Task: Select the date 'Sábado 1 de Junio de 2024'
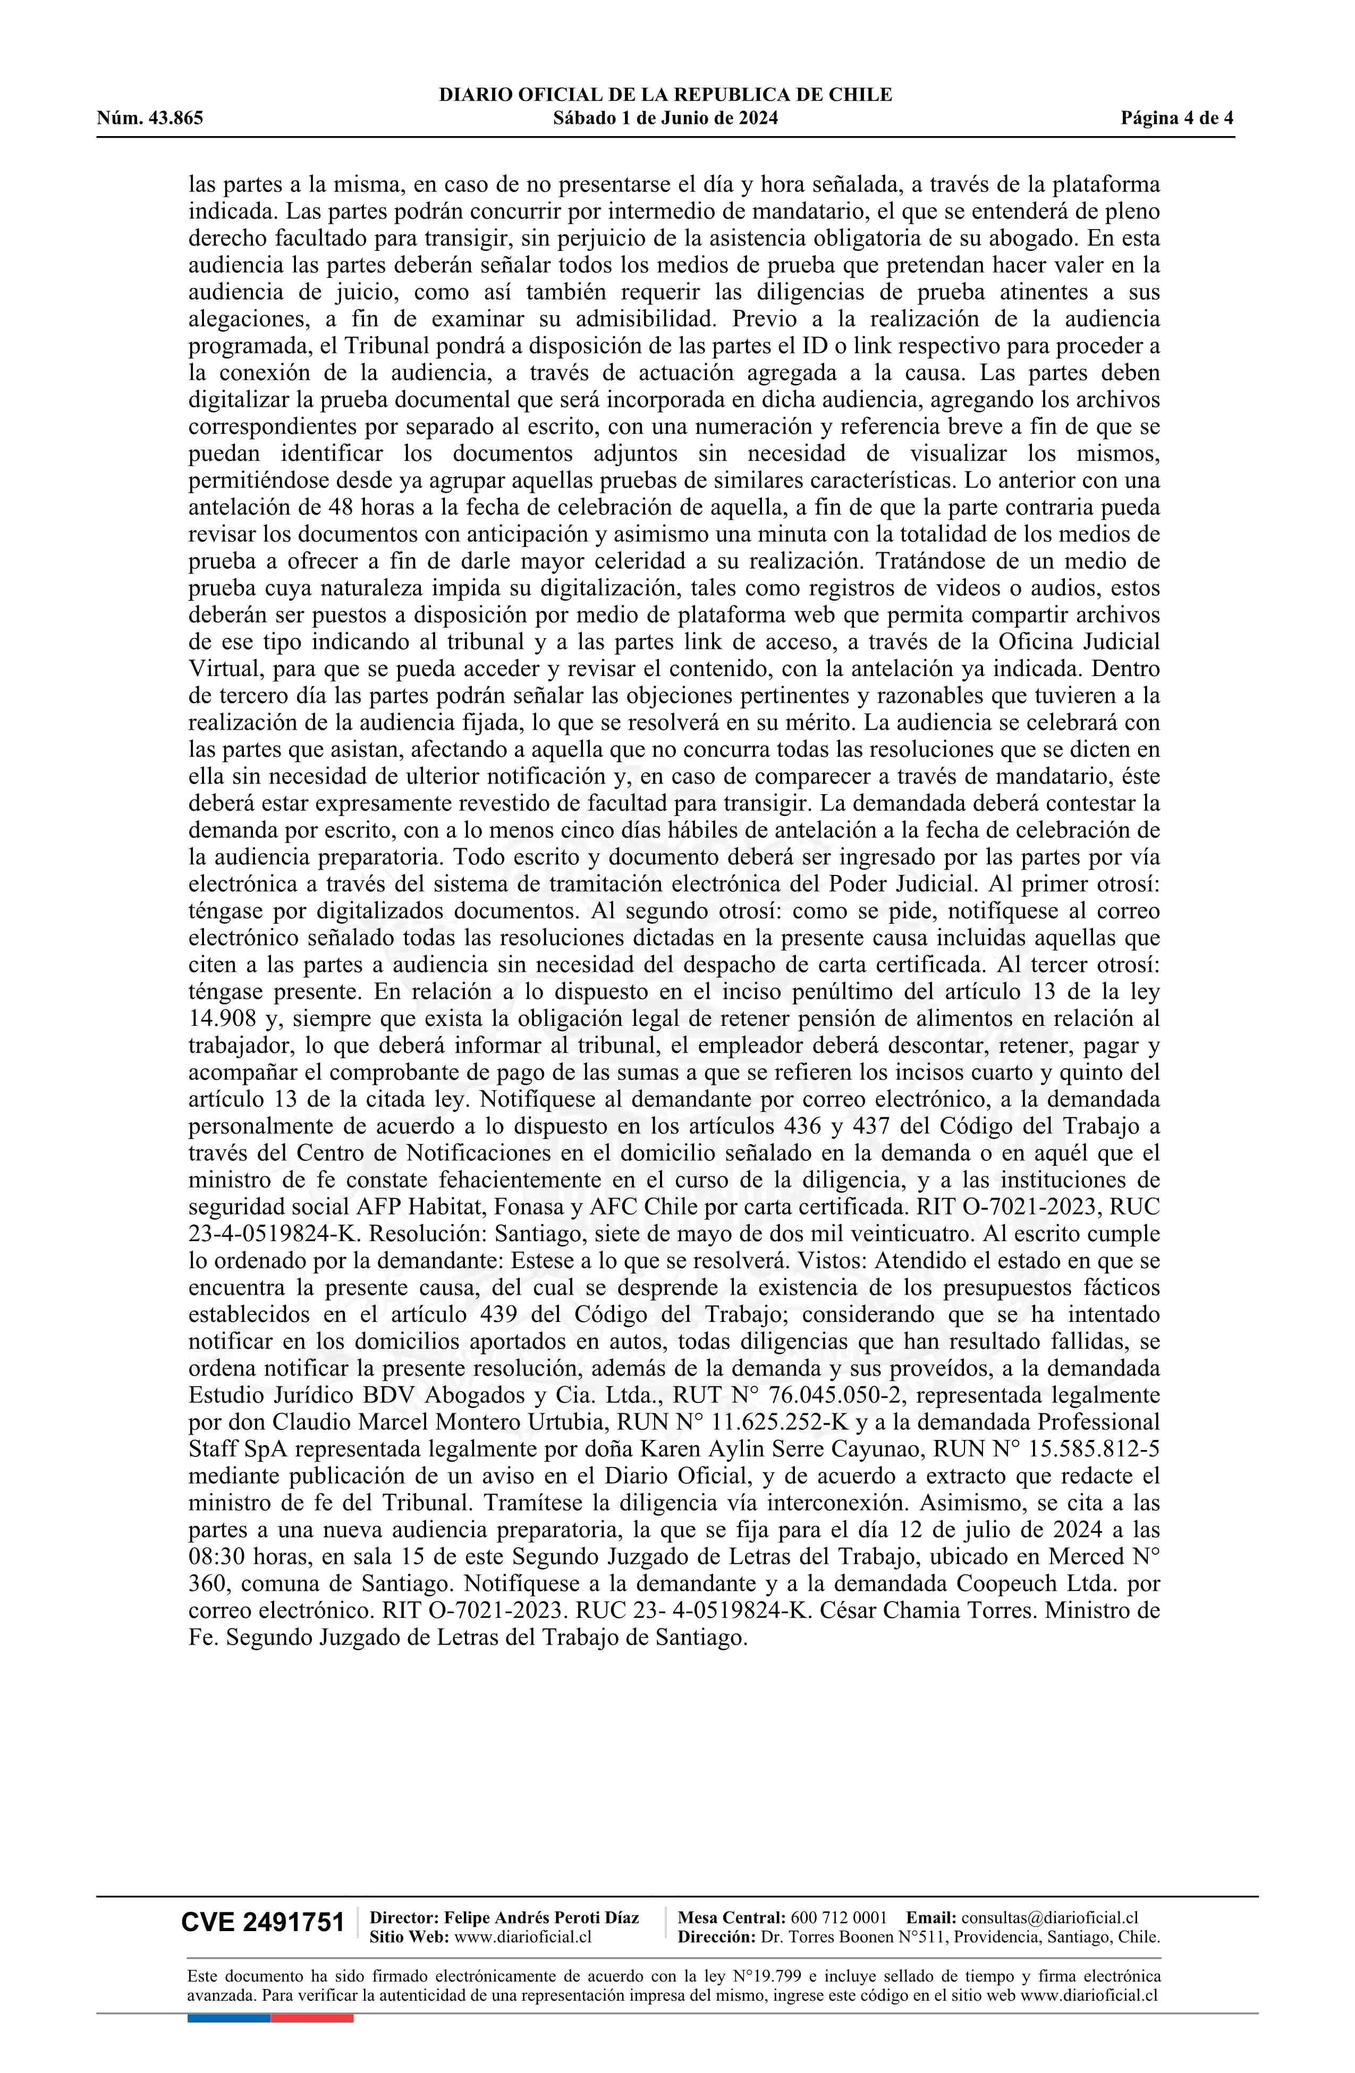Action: pyautogui.click(x=665, y=119)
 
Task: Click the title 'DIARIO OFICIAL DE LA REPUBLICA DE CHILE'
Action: pyautogui.click(x=665, y=95)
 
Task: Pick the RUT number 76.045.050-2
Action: pyautogui.click(x=836, y=1395)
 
